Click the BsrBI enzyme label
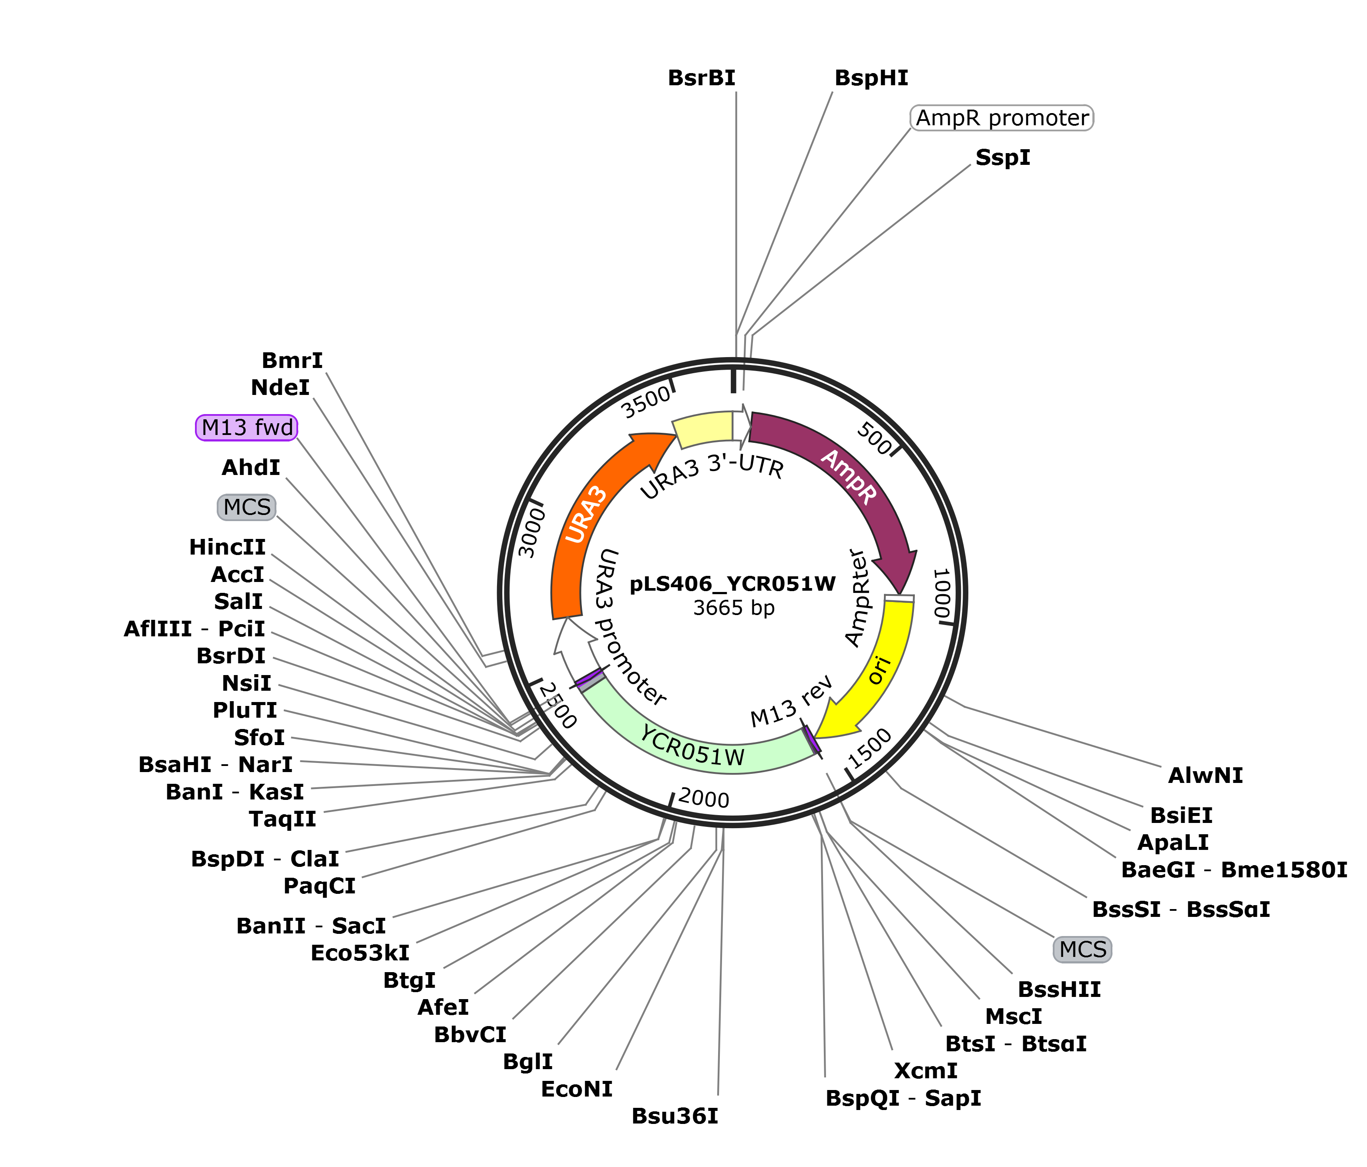click(701, 78)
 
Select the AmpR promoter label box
click(1001, 118)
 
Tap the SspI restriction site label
click(1003, 157)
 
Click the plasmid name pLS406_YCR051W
click(733, 584)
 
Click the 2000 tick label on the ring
click(703, 799)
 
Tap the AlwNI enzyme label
click(1206, 776)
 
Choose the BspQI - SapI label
click(903, 1098)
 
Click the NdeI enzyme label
click(280, 388)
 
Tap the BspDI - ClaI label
click(265, 859)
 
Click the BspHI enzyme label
click(871, 78)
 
